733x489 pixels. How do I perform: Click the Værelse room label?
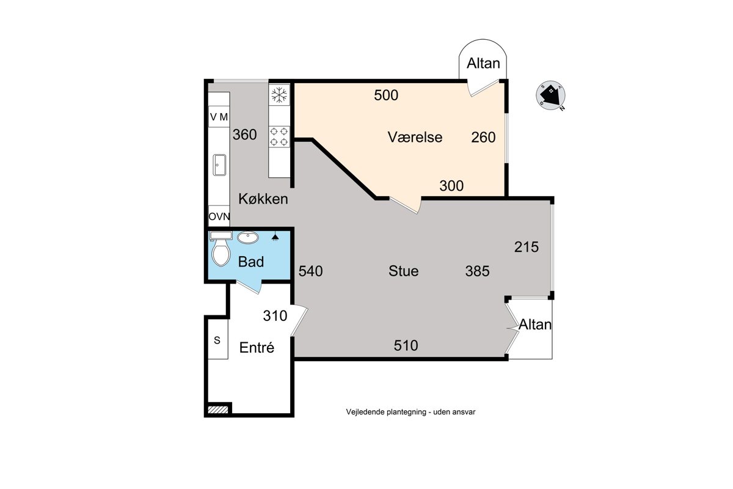415,137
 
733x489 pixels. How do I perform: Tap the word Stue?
404,271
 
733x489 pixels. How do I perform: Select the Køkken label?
263,199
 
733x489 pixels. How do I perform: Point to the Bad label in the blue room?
251,262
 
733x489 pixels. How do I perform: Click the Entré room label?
257,348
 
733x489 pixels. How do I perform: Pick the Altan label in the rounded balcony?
483,63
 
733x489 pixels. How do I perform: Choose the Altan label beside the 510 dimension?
535,324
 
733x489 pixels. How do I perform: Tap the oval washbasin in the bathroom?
248,237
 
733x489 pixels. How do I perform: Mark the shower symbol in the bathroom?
275,237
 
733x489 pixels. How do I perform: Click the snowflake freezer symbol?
279,95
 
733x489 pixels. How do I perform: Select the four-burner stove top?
279,136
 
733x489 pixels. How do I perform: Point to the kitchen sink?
219,165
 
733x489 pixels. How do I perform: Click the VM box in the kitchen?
219,117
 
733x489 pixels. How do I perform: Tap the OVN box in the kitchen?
219,216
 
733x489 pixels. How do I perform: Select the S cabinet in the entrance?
218,340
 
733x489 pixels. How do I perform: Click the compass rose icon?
550,95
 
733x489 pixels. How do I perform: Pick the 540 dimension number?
310,271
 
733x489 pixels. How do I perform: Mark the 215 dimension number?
526,247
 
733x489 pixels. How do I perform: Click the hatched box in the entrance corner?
218,410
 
